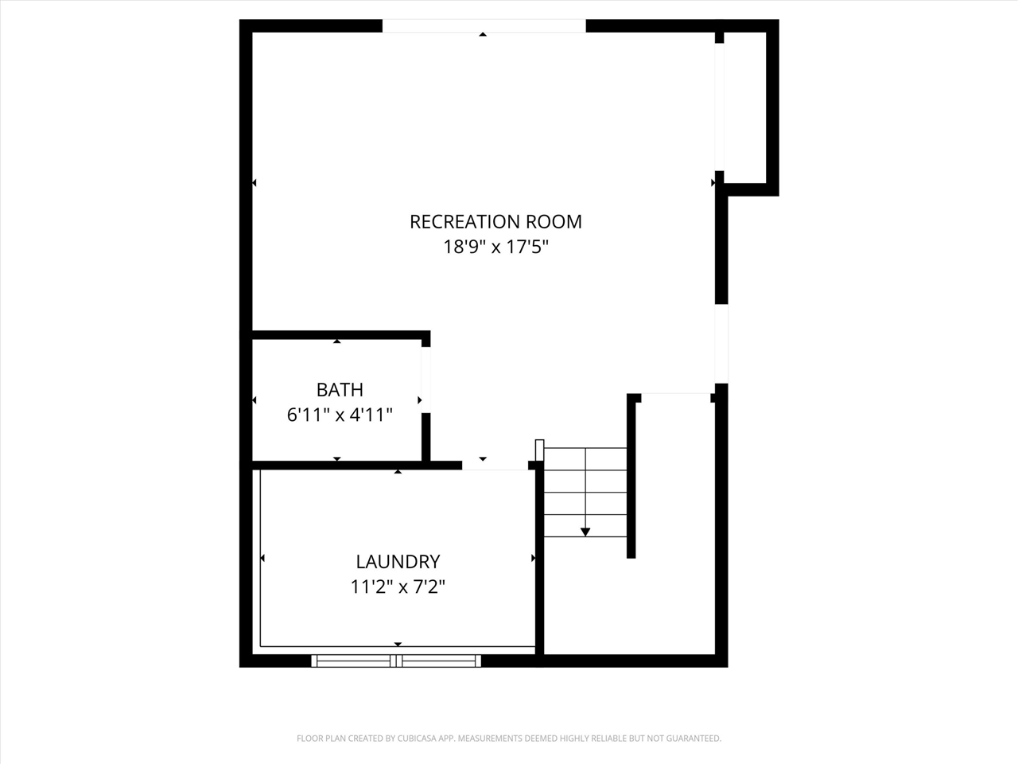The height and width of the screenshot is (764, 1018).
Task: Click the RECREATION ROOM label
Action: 495,221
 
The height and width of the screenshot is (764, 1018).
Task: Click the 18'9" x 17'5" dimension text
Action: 495,247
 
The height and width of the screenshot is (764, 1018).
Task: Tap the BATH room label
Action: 340,389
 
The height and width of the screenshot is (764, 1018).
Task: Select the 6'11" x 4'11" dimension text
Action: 340,415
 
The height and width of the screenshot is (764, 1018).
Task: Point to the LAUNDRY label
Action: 398,561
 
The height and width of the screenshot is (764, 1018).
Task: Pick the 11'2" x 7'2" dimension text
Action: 398,587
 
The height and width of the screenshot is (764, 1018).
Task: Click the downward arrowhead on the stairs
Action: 585,531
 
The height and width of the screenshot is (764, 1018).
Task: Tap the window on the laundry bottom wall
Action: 396,660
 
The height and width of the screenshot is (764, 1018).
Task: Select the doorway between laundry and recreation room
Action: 495,465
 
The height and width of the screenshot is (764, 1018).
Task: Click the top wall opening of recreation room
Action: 484,26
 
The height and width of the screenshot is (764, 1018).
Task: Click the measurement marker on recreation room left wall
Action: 254,183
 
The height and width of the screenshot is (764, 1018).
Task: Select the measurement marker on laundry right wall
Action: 533,559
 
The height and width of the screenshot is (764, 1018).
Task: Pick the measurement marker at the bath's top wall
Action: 337,341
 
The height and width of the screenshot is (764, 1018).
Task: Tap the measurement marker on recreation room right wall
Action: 713,182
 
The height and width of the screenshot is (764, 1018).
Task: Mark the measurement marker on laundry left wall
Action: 262,559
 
